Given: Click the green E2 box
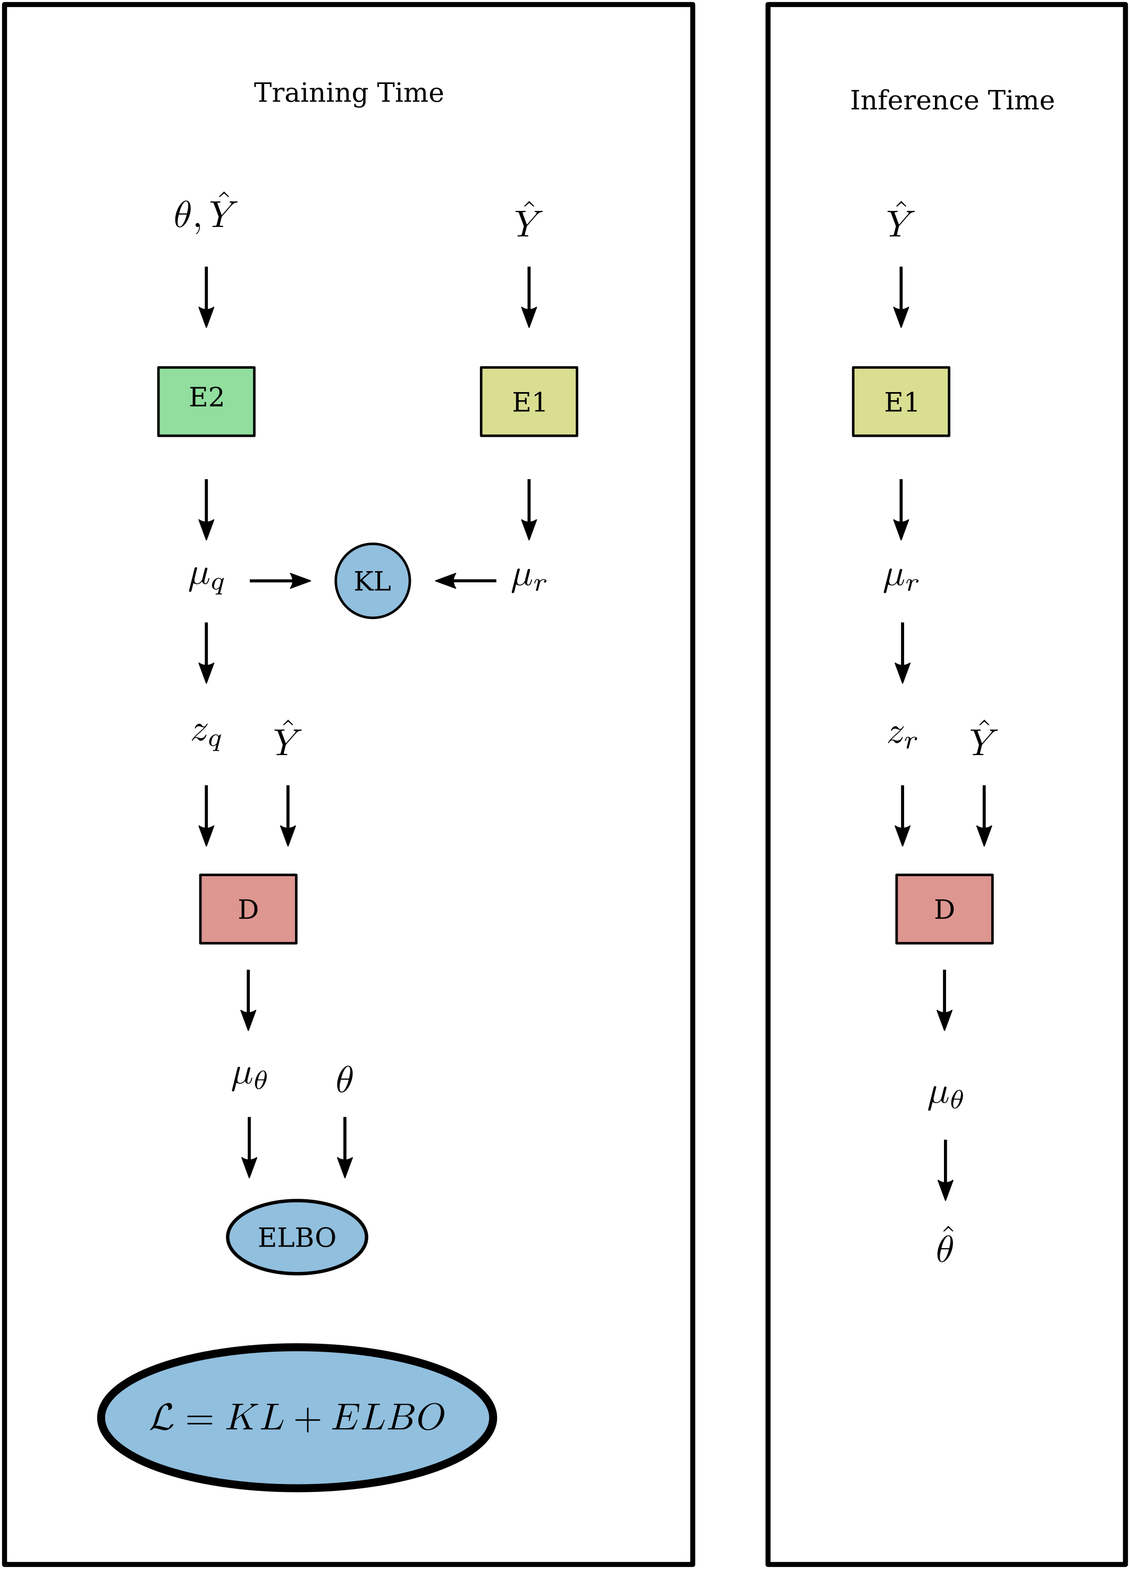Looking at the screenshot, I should click(x=206, y=401).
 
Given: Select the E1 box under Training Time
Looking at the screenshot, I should click(x=529, y=401).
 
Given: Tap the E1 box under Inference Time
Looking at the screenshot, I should click(x=900, y=401).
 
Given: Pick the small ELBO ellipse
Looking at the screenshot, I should click(x=297, y=1237).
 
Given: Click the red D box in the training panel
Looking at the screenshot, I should click(x=248, y=909).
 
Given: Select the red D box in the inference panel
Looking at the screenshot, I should click(x=944, y=909).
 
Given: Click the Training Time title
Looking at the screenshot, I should click(x=349, y=92).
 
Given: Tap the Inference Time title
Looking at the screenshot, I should click(x=952, y=100).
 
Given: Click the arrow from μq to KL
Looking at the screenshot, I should click(x=280, y=580).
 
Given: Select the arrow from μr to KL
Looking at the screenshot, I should click(x=466, y=580).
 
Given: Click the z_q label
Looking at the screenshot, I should click(x=206, y=735).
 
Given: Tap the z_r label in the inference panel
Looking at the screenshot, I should click(x=903, y=735).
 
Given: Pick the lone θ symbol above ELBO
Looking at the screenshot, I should click(x=344, y=1079).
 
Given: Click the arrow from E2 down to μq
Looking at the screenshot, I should click(x=206, y=508).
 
